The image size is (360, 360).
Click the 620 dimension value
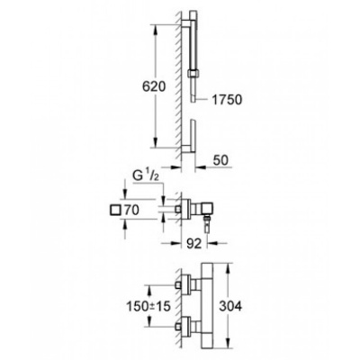coord(154,86)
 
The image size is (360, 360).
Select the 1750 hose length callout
coord(227,100)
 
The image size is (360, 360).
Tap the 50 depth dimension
coord(220,160)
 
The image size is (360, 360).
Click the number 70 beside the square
coord(131,211)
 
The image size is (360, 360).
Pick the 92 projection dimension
coord(194,244)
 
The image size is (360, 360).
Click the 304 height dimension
coord(230,306)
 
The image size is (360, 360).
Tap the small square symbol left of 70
coord(115,210)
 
